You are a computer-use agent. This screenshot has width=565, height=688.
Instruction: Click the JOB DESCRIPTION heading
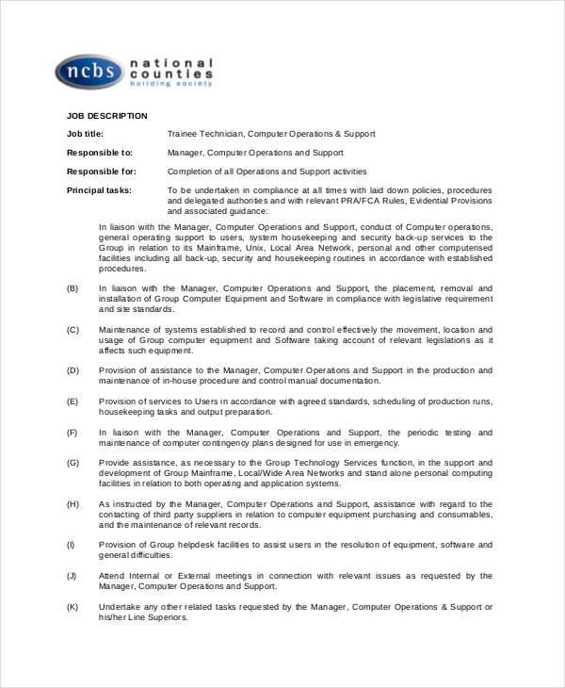click(x=106, y=116)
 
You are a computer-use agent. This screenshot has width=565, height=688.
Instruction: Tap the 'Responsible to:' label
click(x=99, y=153)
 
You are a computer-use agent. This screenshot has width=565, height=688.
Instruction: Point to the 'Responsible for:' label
click(x=101, y=172)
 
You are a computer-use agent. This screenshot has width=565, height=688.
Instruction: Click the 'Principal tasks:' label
click(x=99, y=190)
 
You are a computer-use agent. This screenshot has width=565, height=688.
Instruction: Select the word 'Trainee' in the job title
click(x=183, y=134)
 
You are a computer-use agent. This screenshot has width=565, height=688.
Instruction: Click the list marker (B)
click(x=73, y=288)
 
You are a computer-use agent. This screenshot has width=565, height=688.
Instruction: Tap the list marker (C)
click(x=73, y=329)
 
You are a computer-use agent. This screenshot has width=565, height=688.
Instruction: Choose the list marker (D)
click(x=73, y=370)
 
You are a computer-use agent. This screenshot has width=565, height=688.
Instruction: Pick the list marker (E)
click(x=73, y=401)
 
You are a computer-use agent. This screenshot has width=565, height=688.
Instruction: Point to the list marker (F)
click(x=73, y=433)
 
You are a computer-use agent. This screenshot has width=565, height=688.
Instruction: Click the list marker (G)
click(x=73, y=463)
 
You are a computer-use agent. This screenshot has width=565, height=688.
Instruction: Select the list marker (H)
click(x=73, y=504)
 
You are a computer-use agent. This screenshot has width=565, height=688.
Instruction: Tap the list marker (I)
click(x=71, y=545)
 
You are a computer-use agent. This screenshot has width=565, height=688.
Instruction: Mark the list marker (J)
click(x=72, y=576)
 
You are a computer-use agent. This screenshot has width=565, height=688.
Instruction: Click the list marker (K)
click(x=73, y=607)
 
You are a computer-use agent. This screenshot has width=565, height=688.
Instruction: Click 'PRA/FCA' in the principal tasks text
click(x=356, y=201)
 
